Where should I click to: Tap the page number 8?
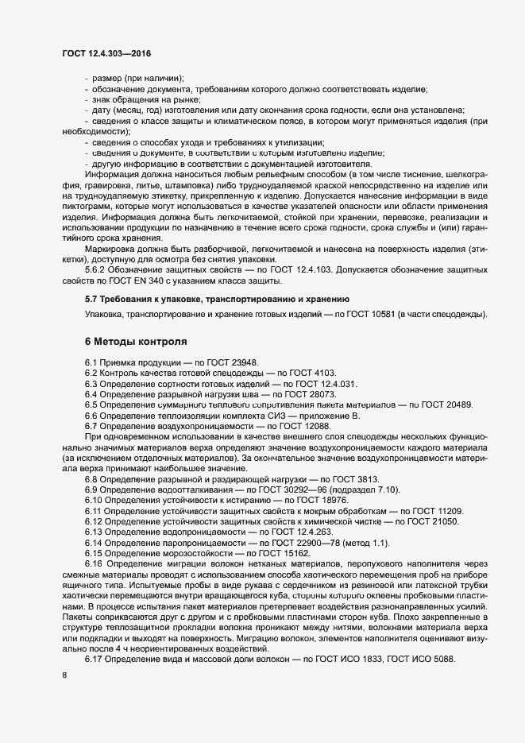(x=64, y=675)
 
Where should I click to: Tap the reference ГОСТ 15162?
(x=282, y=552)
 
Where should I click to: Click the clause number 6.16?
(x=95, y=563)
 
